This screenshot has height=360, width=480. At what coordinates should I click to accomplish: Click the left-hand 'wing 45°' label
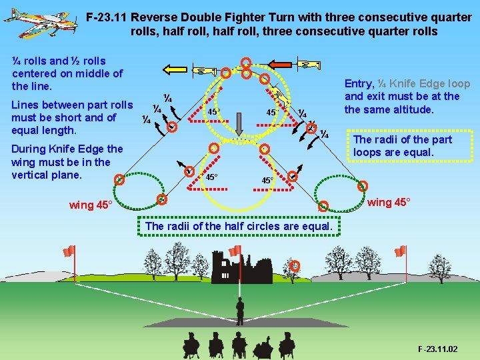[x=90, y=205]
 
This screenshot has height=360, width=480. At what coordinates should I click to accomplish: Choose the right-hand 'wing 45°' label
[x=389, y=202]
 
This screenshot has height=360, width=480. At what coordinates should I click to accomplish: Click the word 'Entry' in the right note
[x=359, y=83]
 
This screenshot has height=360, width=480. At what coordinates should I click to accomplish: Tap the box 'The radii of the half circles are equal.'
[x=239, y=226]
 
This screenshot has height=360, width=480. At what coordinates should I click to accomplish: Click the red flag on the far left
[x=68, y=251]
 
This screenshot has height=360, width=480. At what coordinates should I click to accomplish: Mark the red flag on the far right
[x=400, y=251]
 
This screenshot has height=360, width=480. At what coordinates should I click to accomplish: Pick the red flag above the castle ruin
[x=235, y=251]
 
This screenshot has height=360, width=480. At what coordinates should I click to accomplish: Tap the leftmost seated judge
[x=191, y=345]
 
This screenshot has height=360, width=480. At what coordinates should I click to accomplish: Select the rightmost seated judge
[x=287, y=345]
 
